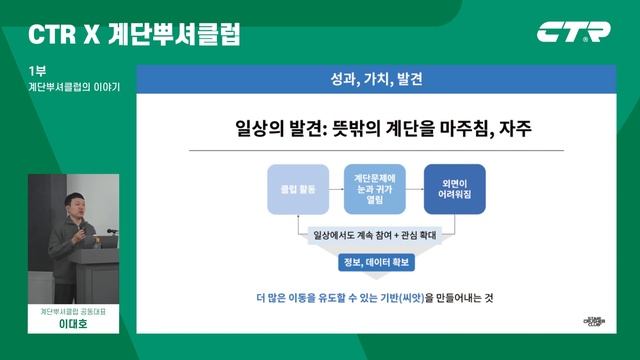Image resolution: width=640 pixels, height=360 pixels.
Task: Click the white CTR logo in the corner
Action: point(573,32)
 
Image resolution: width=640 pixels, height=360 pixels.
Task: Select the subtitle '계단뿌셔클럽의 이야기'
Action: point(74,87)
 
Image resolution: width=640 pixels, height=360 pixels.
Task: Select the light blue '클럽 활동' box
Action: point(297,189)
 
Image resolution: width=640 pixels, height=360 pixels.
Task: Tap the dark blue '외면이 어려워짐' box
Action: point(454,189)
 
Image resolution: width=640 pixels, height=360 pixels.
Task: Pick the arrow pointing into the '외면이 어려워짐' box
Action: point(414,189)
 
